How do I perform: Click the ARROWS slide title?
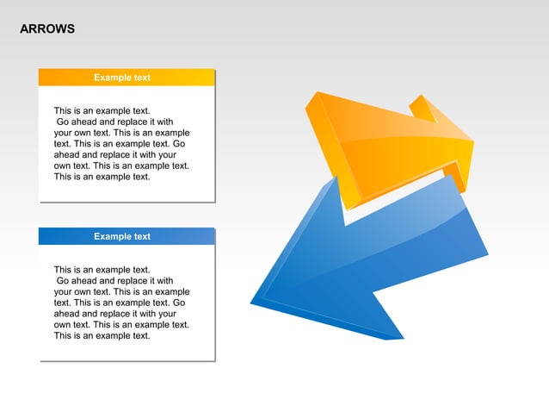click(47, 29)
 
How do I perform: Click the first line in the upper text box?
click(102, 111)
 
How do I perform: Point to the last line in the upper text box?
click(102, 177)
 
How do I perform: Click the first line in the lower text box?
click(102, 270)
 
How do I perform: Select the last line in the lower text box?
click(102, 335)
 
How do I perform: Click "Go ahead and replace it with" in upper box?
click(114, 122)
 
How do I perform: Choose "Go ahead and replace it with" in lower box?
click(114, 281)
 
